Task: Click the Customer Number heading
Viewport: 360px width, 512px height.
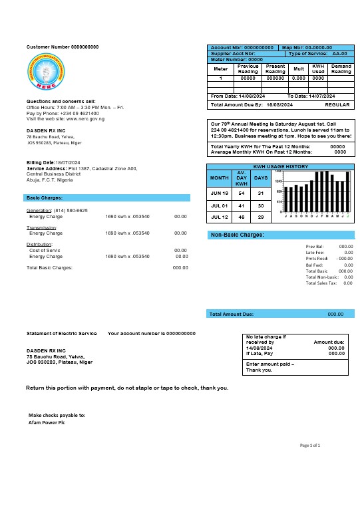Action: pos(63,47)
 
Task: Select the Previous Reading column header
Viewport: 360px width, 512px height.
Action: pos(248,69)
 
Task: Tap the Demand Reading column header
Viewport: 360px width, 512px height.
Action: pos(341,69)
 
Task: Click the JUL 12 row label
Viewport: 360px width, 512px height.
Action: pos(219,217)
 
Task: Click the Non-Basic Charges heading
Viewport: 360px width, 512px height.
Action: pos(238,235)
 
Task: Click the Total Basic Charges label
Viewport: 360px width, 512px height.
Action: pos(49,267)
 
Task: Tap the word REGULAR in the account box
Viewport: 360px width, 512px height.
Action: pos(337,105)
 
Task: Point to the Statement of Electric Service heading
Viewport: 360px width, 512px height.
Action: pos(61,333)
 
